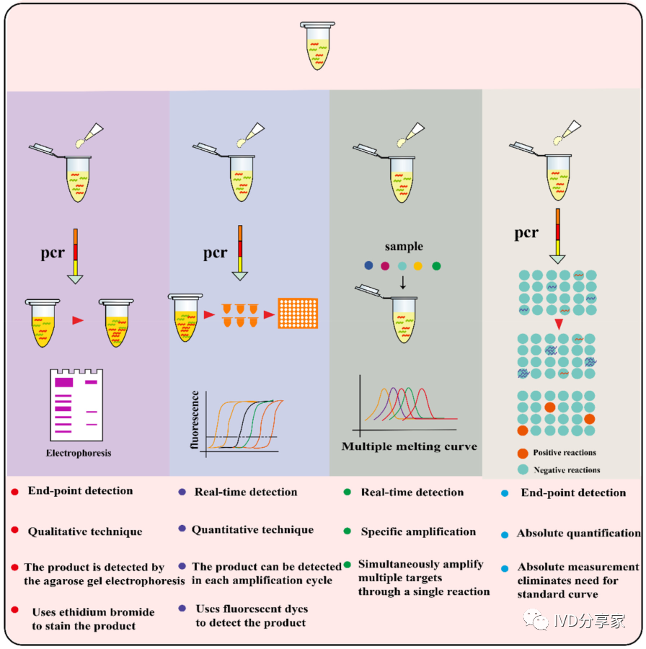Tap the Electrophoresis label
pyautogui.click(x=79, y=454)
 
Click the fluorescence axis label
pyautogui.click(x=195, y=420)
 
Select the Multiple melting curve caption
pyautogui.click(x=409, y=446)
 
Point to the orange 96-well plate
pyautogui.click(x=298, y=313)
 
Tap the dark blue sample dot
pyautogui.click(x=370, y=266)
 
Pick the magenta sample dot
pyautogui.click(x=386, y=266)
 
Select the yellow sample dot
pyautogui.click(x=419, y=266)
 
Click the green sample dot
pyautogui.click(x=435, y=266)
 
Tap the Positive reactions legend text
pyautogui.click(x=565, y=453)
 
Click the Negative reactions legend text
pyautogui.click(x=567, y=470)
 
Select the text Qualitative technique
pyautogui.click(x=85, y=532)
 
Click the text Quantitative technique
pyautogui.click(x=252, y=530)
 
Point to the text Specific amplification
pyautogui.click(x=418, y=532)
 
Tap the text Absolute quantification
pyautogui.click(x=578, y=534)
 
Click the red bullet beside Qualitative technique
pyautogui.click(x=15, y=531)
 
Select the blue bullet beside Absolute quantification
pyautogui.click(x=505, y=534)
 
